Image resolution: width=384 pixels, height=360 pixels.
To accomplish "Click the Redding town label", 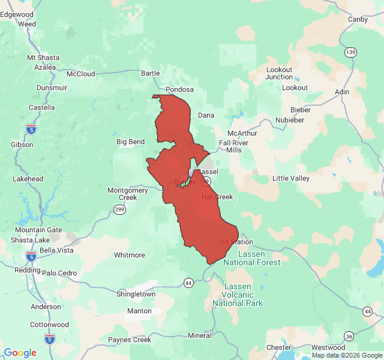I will coord(27,270).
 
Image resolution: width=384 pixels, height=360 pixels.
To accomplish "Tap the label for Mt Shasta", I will coord(43,58).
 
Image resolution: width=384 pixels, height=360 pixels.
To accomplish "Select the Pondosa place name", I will coord(179,89).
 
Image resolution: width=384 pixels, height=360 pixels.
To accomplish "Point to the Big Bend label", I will coord(130,142).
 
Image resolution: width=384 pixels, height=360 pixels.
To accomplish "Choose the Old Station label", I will coord(235,242).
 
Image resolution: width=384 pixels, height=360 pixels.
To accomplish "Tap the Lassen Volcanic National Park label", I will coord(238,295).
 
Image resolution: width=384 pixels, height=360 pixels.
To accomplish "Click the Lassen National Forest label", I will coord(252,259).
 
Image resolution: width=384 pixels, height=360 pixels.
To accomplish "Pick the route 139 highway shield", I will coord(350,53).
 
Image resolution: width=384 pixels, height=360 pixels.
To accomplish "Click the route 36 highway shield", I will coord(349,336).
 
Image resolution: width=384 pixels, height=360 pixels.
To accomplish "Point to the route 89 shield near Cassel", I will coord(205,181).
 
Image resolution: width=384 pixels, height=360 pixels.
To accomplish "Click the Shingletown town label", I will coord(136,294).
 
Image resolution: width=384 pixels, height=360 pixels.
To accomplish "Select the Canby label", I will coord(358,19).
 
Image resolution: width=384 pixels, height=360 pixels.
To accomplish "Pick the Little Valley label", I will coord(291,178).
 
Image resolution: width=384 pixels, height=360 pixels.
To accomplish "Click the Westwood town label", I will coord(328,347).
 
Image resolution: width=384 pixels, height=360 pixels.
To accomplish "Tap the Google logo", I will coord(20,353).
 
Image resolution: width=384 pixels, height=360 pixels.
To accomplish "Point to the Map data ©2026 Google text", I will coord(347,355).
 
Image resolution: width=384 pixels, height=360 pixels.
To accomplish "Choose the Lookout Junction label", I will coord(279,73).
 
